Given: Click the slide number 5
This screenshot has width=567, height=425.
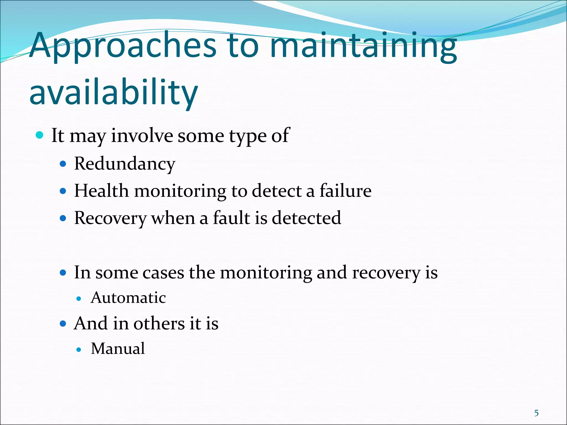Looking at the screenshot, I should (536, 413).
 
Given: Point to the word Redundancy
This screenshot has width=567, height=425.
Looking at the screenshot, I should (125, 164).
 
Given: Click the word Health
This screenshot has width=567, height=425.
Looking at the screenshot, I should (101, 191).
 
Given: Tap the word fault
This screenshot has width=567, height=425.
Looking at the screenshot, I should (231, 218).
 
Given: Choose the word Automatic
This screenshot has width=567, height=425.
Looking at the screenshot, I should (128, 298).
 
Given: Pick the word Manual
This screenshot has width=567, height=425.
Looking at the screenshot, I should (118, 348).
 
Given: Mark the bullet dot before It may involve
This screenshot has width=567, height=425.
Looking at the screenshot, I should (40, 135).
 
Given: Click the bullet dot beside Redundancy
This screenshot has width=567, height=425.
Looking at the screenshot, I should (63, 164).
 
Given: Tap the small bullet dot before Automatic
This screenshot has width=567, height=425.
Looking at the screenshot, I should (79, 299).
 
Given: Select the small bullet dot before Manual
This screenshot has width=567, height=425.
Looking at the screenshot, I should (79, 350).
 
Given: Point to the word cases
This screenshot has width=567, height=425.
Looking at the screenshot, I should (163, 273).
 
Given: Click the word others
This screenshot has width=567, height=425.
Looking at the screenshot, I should (159, 323).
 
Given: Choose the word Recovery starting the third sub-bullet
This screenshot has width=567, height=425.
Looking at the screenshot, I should (110, 218).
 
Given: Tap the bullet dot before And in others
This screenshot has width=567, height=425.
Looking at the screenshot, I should (63, 323).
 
